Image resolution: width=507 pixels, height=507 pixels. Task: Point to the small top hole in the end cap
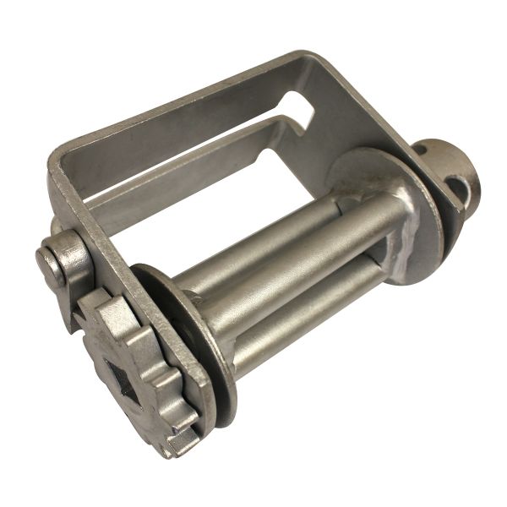pyautogui.click(x=421, y=150)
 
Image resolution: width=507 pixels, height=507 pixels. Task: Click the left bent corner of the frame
pyautogui.click(x=63, y=161)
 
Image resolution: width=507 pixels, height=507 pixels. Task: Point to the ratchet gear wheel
pyautogui.click(x=139, y=372)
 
